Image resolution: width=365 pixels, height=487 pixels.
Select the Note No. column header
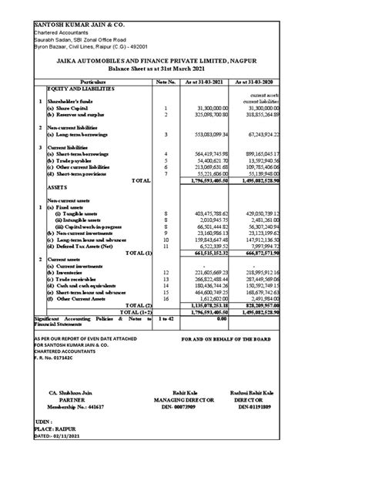[166, 80]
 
